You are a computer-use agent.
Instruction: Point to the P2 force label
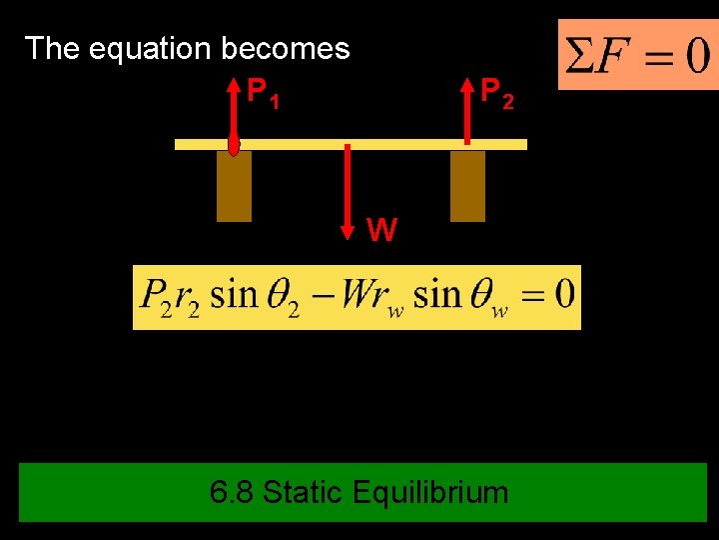[497, 94]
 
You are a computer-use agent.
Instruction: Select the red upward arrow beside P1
[234, 110]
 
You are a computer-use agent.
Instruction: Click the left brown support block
[234, 186]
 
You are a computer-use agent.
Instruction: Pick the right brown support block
[467, 186]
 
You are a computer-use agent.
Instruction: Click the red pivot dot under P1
[234, 147]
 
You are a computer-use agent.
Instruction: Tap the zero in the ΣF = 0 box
[691, 55]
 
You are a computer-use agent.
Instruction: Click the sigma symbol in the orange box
[578, 55]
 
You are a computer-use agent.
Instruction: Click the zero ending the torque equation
[563, 295]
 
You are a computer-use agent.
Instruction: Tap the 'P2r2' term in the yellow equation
[169, 297]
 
